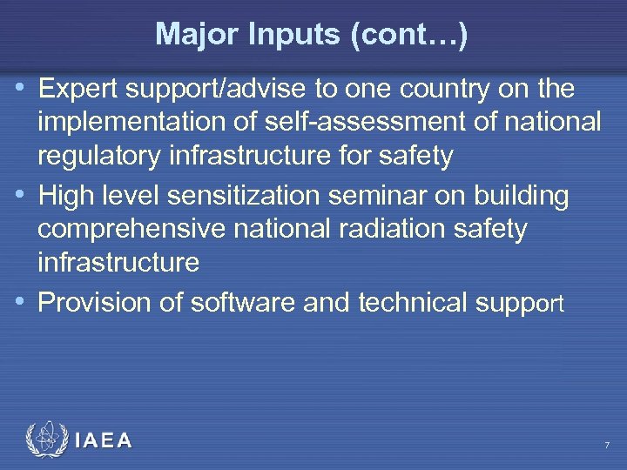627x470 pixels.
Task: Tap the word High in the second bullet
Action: point(64,197)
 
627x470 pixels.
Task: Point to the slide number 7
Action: point(607,446)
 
